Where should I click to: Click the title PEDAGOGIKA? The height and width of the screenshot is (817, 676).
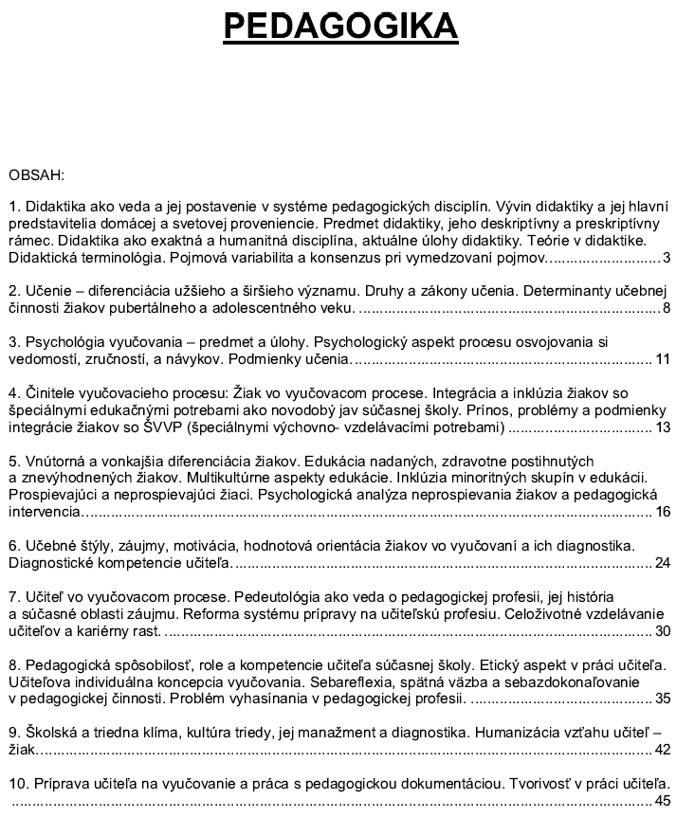[x=340, y=27]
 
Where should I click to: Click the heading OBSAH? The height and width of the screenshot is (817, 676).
[x=36, y=174]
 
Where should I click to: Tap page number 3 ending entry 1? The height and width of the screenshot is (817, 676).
[x=667, y=257]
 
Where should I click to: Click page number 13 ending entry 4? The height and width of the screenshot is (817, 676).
[x=663, y=427]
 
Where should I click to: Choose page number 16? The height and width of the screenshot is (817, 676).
[x=663, y=512]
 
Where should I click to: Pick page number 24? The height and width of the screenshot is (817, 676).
[x=663, y=564]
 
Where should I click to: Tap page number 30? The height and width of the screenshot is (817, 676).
[x=663, y=631]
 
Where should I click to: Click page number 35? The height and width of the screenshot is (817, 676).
[x=663, y=699]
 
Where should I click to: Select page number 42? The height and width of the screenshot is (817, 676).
[x=663, y=750]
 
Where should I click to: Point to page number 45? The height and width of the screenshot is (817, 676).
[x=663, y=801]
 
